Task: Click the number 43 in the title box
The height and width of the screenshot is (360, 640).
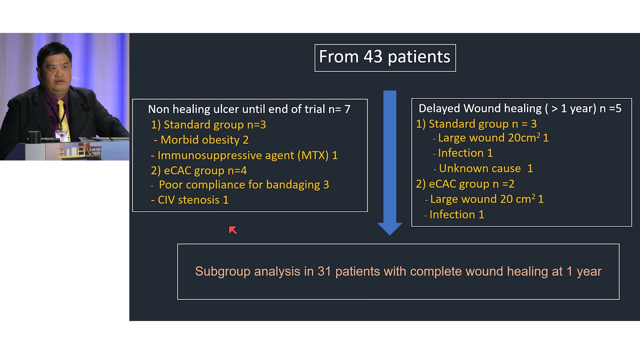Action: click(373, 57)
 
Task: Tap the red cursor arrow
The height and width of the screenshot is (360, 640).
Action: click(233, 230)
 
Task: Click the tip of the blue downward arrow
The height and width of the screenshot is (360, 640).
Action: click(390, 235)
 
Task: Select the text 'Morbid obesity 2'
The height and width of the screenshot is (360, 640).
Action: click(204, 140)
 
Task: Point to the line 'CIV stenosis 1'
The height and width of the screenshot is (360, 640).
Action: click(193, 200)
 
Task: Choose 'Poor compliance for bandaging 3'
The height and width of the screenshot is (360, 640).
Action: click(244, 185)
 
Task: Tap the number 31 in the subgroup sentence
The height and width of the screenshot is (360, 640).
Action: click(324, 271)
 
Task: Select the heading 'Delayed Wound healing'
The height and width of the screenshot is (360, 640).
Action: click(480, 108)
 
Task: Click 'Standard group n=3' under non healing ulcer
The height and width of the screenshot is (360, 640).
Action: click(215, 125)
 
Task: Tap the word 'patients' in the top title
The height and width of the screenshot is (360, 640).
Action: click(419, 57)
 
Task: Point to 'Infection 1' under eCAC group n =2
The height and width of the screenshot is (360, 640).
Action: click(457, 215)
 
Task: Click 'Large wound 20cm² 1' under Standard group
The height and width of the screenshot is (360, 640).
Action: click(493, 138)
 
